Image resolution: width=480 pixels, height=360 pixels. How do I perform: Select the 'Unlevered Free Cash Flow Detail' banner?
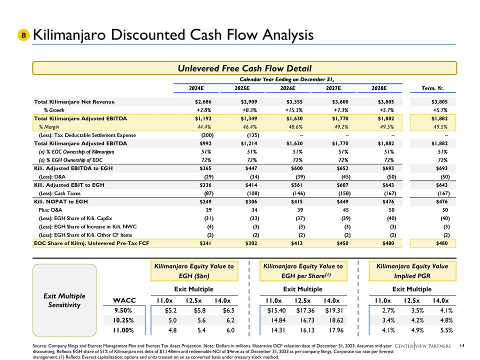tap(245, 68)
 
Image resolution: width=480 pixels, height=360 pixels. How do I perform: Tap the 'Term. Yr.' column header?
tap(433, 89)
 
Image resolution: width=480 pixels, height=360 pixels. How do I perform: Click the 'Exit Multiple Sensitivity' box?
tap(64, 300)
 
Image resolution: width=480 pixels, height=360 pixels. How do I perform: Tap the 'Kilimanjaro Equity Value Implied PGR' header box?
tap(412, 271)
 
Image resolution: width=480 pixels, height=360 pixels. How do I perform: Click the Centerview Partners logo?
tap(422, 345)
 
